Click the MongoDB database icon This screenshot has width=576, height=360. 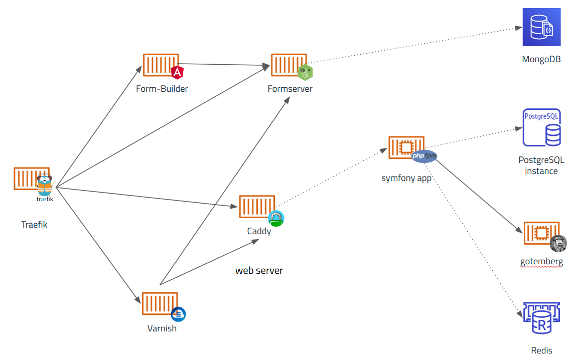(541, 27)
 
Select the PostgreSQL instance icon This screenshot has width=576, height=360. (541, 127)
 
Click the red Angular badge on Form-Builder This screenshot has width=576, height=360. (177, 73)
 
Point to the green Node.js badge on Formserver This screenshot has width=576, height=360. (305, 73)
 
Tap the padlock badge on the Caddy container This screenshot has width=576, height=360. (276, 218)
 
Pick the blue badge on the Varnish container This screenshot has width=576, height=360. (179, 314)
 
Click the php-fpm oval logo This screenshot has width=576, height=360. (424, 157)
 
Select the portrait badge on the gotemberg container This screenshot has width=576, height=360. (558, 244)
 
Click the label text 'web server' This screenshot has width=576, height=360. (259, 271)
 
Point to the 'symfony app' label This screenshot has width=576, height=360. (406, 178)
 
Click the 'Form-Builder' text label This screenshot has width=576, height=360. (162, 89)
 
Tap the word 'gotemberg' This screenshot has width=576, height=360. (541, 261)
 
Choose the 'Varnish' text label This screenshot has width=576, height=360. (162, 328)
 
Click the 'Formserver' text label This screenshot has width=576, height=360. (290, 89)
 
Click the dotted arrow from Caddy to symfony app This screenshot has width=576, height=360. (331, 175)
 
